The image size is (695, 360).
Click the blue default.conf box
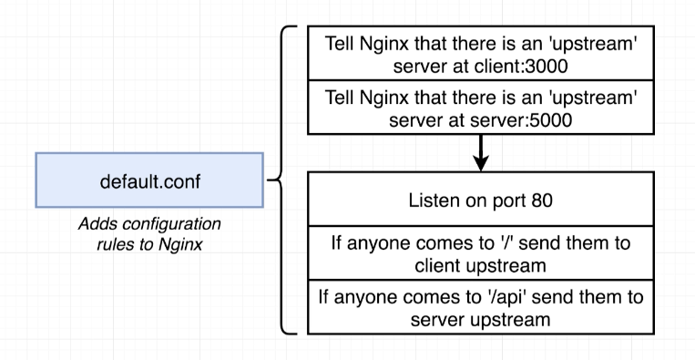[149, 180]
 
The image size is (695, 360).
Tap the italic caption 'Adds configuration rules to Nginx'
[149, 232]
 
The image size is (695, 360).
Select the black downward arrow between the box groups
[482, 152]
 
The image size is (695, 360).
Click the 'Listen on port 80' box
[482, 201]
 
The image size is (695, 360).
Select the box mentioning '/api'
[482, 308]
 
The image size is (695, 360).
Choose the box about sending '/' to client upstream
[482, 255]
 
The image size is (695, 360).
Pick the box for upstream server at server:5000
[482, 108]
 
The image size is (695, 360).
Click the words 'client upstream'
[482, 266]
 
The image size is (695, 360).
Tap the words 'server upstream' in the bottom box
[482, 320]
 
